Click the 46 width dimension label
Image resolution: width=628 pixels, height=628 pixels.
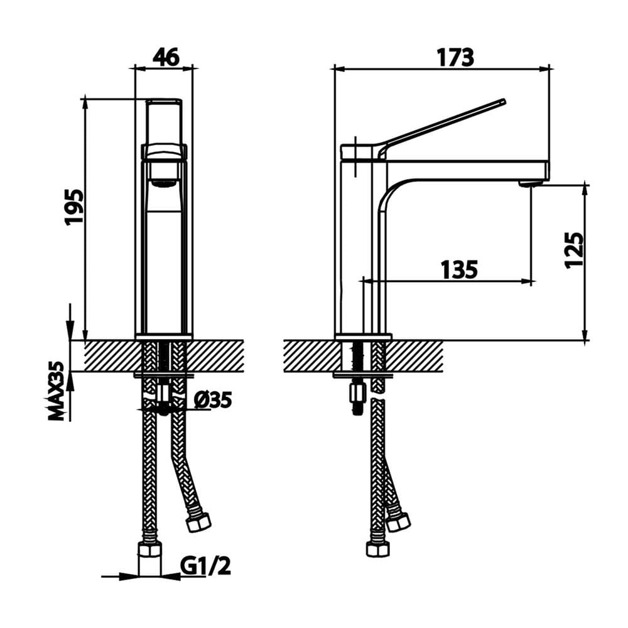166,57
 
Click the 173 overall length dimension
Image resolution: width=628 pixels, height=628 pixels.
455,57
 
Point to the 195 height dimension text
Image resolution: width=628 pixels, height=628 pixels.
75,207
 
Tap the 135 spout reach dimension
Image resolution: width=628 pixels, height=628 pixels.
460,269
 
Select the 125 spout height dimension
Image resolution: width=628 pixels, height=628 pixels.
574,250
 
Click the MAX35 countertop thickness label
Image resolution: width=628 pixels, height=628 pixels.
57,391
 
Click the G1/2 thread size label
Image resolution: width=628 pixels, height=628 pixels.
205,566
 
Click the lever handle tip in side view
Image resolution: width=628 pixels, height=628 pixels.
502,102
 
